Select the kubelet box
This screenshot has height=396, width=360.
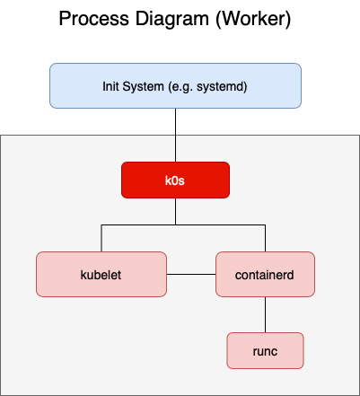coord(102,274)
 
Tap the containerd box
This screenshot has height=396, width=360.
coord(265,274)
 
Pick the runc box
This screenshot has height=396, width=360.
coord(265,350)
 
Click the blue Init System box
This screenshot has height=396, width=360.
coord(175,85)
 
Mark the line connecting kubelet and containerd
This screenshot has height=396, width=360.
coord(192,274)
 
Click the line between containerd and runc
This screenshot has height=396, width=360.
coord(265,314)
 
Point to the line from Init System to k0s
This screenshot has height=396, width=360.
coord(176,135)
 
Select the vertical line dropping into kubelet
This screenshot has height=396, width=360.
coord(101,238)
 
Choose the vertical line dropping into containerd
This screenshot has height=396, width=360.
coord(265,238)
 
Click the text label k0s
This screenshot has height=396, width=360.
coord(176,180)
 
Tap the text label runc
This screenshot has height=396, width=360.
coord(265,350)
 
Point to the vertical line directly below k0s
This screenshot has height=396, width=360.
coord(176,211)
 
